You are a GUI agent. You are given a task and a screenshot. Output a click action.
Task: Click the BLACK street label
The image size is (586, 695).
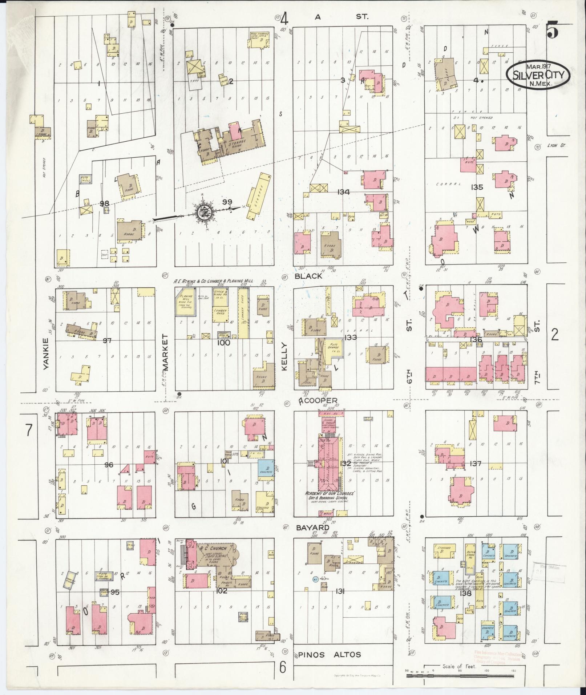pos(308,276)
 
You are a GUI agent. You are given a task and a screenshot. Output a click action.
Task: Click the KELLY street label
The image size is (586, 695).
pos(284,356)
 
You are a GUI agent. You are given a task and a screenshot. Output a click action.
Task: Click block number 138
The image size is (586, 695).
pos(465,594)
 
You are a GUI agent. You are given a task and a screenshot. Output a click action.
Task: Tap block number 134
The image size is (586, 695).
pos(343,192)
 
